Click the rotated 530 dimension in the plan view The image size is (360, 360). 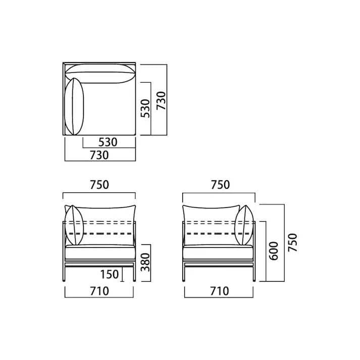(x=145, y=109)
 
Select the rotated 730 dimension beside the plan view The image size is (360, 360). (x=161, y=101)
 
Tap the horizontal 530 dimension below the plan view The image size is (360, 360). (x=108, y=142)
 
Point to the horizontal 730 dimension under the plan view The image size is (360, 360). (x=99, y=155)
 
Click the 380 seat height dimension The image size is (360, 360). (x=145, y=263)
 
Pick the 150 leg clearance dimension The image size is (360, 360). (x=110, y=274)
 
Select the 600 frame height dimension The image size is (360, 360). (x=274, y=251)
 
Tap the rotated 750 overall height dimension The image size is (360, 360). (x=292, y=242)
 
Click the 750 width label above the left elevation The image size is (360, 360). (x=99, y=185)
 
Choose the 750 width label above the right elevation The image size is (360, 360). (x=221, y=185)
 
